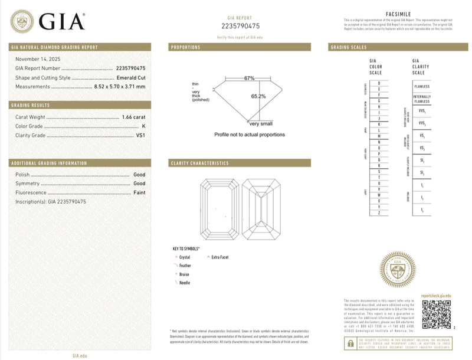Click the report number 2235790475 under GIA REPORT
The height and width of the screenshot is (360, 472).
click(240, 26)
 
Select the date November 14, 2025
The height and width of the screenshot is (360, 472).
click(38, 59)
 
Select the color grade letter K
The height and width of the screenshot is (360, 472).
click(143, 126)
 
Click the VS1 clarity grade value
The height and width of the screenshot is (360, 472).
click(140, 136)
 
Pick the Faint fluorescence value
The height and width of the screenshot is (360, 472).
click(139, 192)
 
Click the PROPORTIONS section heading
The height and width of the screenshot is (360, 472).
click(185, 47)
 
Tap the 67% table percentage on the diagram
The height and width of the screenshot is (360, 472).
click(249, 78)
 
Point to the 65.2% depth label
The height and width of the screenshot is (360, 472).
click(258, 96)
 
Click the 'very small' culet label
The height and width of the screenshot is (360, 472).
click(262, 123)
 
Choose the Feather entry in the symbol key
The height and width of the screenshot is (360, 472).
click(184, 266)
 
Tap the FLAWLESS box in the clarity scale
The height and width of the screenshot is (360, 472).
click(422, 86)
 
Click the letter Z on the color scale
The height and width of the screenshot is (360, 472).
click(379, 212)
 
